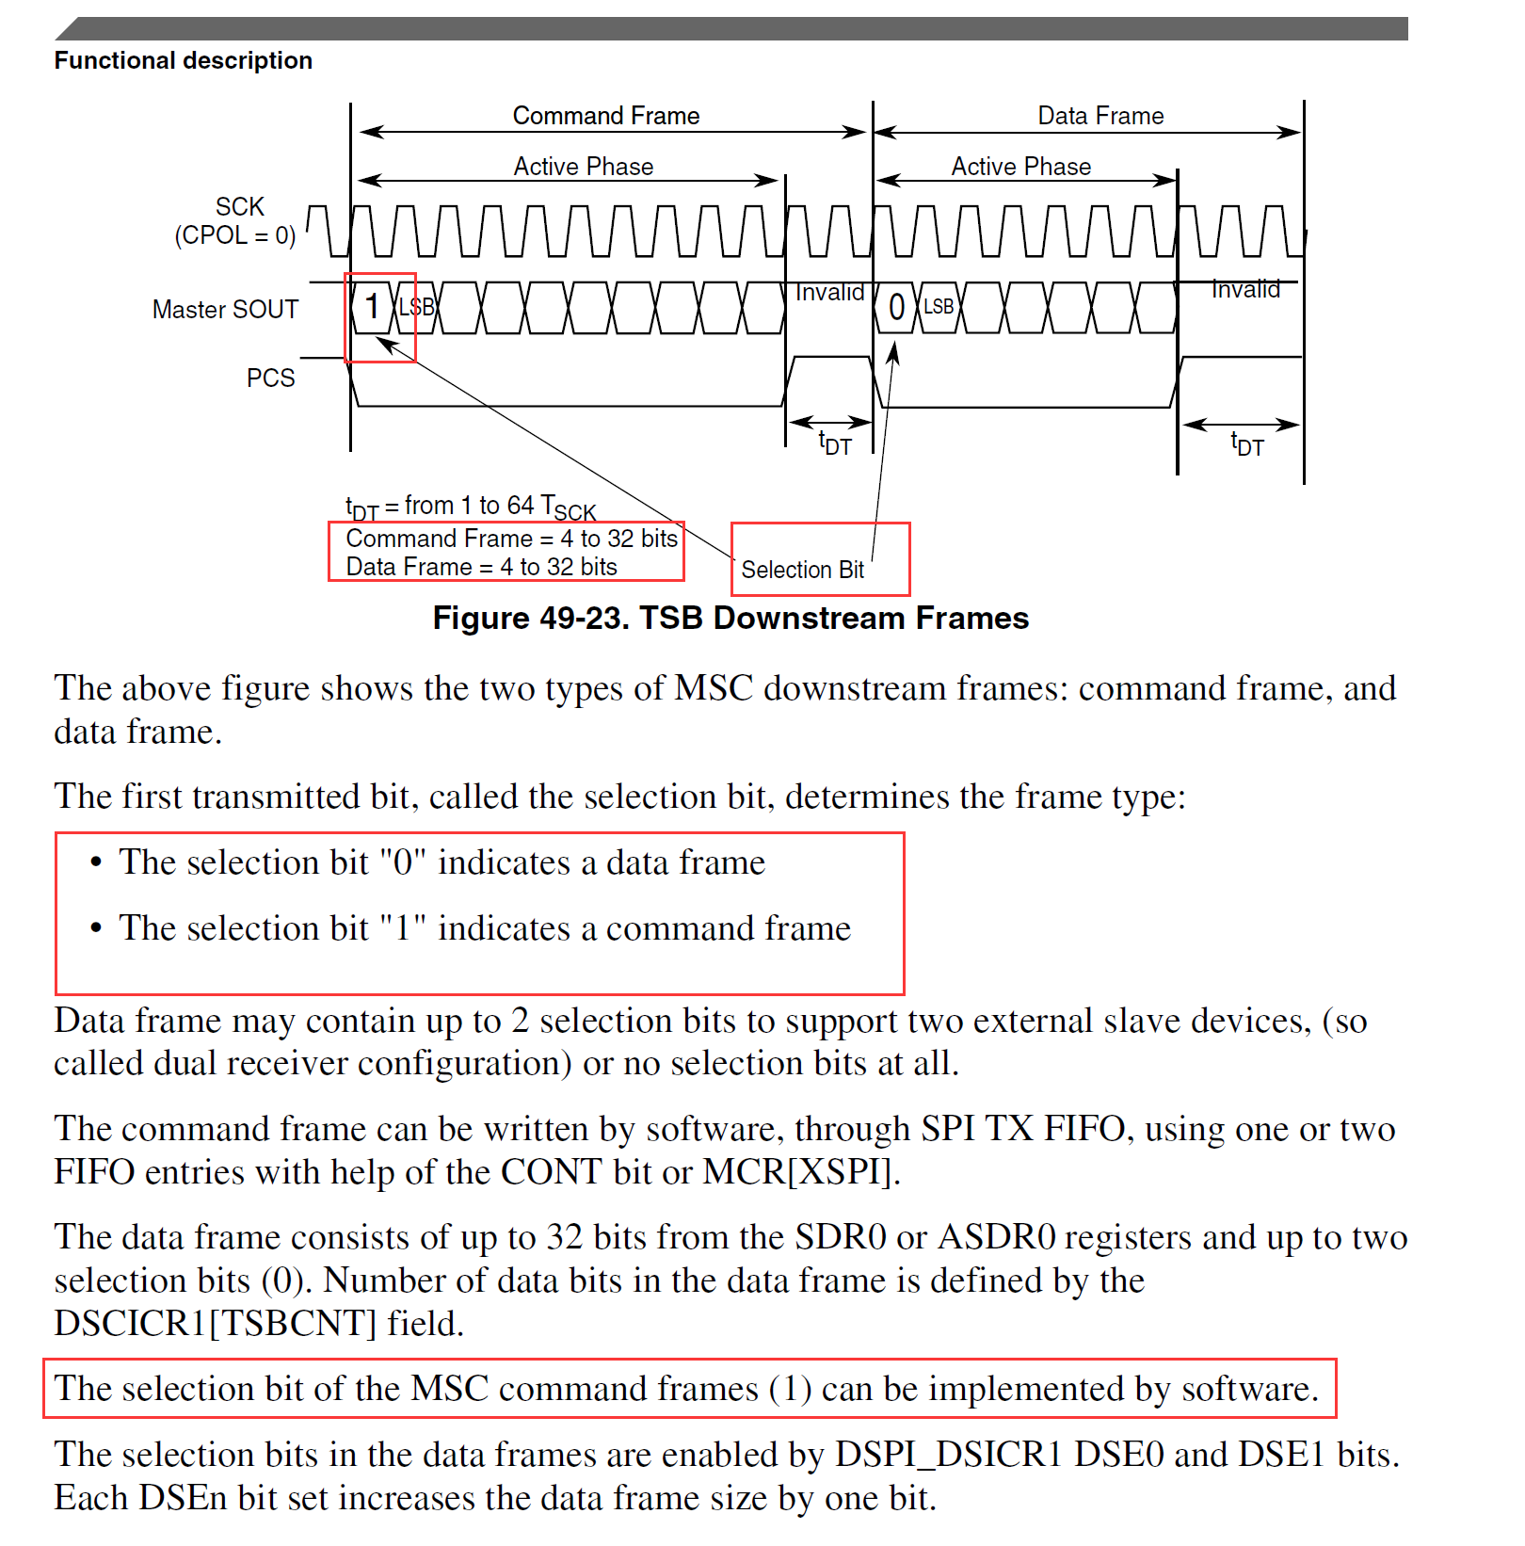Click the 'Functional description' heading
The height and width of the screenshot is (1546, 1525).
(x=183, y=60)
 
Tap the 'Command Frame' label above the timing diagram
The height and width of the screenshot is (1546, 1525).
(x=605, y=116)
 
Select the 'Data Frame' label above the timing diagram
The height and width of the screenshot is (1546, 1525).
(x=1100, y=116)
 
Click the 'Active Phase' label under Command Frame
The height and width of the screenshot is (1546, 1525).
(x=583, y=167)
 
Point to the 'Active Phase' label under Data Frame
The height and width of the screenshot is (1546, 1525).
(x=1020, y=167)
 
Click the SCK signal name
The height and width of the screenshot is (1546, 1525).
(x=239, y=207)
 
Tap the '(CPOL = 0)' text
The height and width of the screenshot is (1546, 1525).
(x=234, y=235)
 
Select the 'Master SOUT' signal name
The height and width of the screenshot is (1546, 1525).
(x=225, y=310)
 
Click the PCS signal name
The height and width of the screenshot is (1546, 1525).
(x=270, y=378)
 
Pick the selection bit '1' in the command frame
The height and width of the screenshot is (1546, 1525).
(x=372, y=307)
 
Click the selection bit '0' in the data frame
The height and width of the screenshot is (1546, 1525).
(x=896, y=307)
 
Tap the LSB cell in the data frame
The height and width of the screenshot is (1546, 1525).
(x=938, y=307)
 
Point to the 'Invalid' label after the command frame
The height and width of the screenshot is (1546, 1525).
(x=829, y=293)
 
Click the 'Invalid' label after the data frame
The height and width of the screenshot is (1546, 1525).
(x=1244, y=290)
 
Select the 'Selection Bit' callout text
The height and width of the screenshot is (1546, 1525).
(x=802, y=570)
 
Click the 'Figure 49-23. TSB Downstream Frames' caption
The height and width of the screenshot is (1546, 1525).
(x=730, y=619)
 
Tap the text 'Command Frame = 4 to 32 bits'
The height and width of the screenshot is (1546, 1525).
(x=511, y=539)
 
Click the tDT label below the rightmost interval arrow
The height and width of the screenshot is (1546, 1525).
(x=1246, y=444)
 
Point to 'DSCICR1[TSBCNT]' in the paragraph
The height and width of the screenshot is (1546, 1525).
(x=215, y=1324)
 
